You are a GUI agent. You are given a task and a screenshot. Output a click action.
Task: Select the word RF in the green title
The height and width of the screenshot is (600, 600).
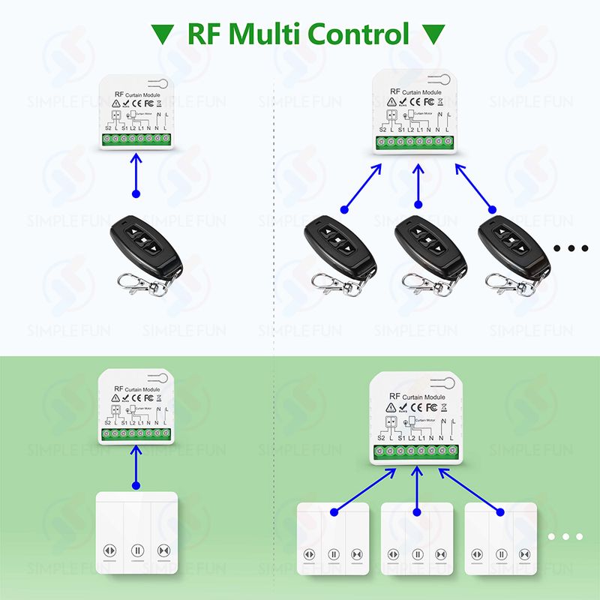[x=206, y=34]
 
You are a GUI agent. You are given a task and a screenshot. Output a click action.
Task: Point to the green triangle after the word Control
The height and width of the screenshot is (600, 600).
[x=433, y=34]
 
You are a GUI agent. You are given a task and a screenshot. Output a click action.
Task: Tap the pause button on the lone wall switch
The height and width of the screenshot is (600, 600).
[x=136, y=550]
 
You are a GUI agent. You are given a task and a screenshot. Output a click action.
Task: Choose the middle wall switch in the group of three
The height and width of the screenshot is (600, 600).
[x=417, y=544]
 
